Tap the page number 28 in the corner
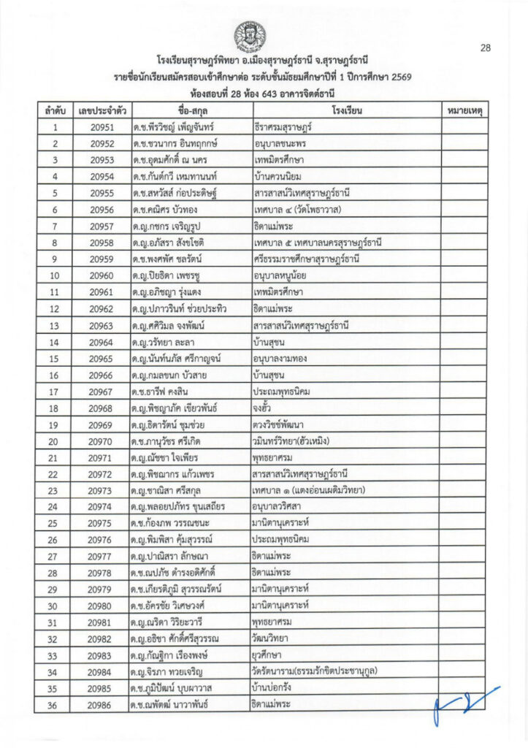pyautogui.click(x=485, y=48)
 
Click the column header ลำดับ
pyautogui.click(x=56, y=112)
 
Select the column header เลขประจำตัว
pyautogui.click(x=102, y=112)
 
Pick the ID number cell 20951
pyautogui.click(x=102, y=127)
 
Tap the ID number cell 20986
pyautogui.click(x=102, y=705)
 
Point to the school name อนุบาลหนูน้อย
pyautogui.click(x=285, y=276)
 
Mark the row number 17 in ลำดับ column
pyautogui.click(x=56, y=392)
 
